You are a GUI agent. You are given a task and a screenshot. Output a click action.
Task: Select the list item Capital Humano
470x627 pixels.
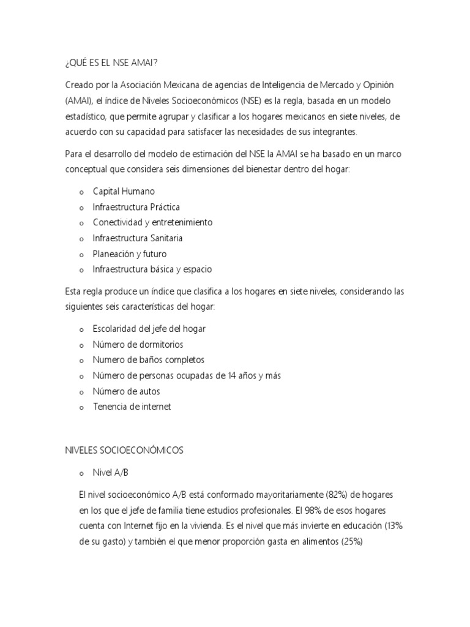124,192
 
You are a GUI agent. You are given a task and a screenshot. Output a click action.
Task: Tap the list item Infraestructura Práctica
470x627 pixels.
136,207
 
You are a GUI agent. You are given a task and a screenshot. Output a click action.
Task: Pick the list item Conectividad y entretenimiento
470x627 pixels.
152,222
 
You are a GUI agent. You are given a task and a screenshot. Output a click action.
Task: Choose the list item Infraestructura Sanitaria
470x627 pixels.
138,238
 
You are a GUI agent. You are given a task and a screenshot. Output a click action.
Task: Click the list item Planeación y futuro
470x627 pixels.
129,253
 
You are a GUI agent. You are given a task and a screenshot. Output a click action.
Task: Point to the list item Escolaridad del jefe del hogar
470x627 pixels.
149,329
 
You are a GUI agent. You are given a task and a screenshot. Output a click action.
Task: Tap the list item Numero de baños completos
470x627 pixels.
148,359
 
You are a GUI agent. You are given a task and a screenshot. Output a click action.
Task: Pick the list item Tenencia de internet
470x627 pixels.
132,406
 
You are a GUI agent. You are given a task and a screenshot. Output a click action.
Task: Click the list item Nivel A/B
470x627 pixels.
111,473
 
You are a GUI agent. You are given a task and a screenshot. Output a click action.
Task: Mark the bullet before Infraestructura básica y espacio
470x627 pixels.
81,269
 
